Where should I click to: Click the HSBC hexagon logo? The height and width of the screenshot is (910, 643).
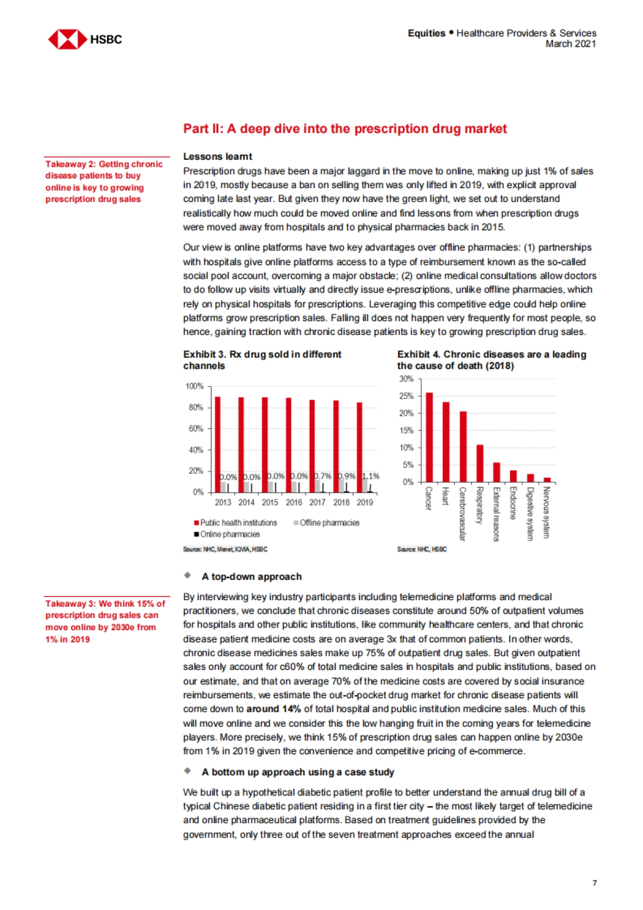(67, 39)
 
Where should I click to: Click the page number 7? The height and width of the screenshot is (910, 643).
(594, 883)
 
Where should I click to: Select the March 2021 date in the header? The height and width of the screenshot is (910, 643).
(571, 44)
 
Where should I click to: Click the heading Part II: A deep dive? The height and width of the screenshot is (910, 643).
(345, 129)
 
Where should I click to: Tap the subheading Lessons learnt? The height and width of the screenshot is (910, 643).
(218, 156)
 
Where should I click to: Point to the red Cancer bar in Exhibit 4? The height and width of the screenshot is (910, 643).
(429, 437)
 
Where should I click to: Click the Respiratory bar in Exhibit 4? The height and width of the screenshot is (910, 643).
(480, 463)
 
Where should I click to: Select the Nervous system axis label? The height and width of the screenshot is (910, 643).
(547, 512)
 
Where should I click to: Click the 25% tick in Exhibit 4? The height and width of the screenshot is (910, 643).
(407, 396)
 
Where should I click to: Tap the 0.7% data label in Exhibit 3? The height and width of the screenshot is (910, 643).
(323, 476)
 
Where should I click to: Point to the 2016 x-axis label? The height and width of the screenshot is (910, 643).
(294, 502)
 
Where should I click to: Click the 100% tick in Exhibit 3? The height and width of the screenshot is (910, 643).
(195, 386)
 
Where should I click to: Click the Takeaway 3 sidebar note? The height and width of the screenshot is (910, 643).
(105, 621)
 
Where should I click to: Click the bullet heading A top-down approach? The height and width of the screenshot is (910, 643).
(251, 577)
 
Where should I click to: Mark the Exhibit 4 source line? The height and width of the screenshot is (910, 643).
(422, 549)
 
